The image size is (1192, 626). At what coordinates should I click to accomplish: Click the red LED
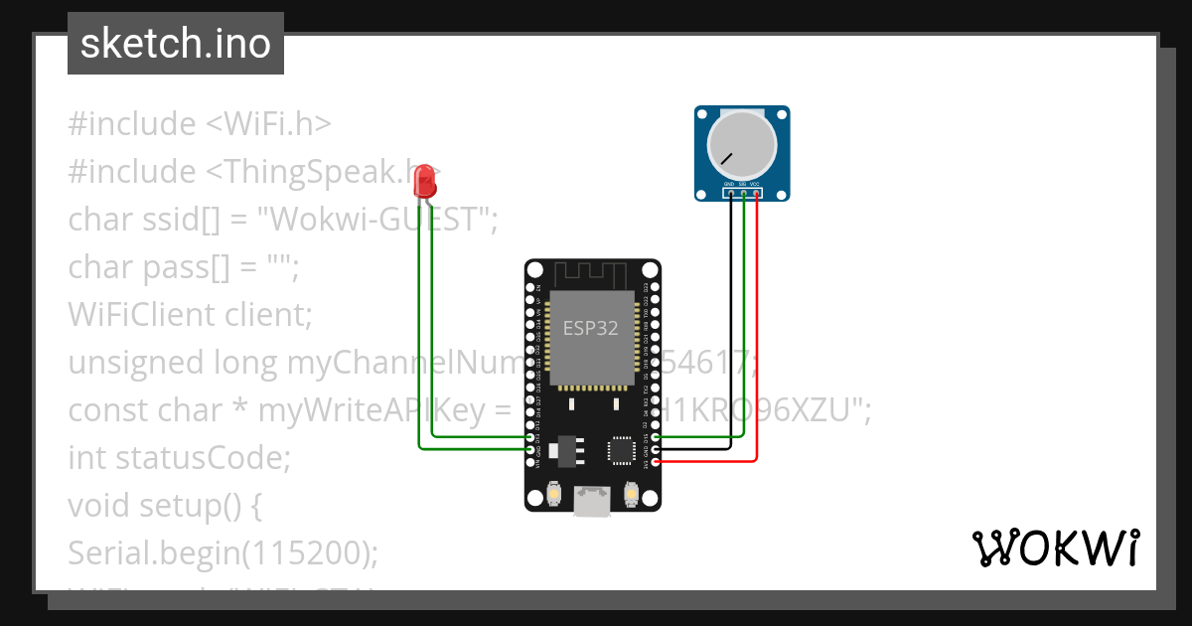coord(425,182)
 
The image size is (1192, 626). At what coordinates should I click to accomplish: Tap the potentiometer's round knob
coord(741,145)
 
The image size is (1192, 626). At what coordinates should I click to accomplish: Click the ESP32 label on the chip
coord(591,329)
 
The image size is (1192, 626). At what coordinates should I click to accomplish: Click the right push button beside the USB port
coord(630,493)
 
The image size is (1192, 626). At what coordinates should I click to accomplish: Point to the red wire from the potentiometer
coord(757,328)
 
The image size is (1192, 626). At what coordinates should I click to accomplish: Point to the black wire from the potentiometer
coord(730,328)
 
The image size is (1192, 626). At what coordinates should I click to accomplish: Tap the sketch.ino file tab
coord(176,44)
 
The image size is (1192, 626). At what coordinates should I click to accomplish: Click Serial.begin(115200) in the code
coord(223,553)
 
